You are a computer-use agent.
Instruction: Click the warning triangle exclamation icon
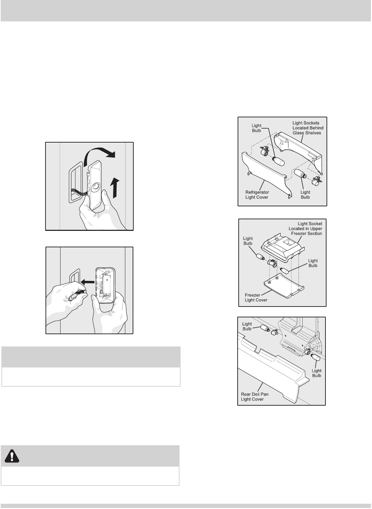12,456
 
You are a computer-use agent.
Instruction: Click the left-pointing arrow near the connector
87,282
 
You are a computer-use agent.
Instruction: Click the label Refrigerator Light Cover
257,195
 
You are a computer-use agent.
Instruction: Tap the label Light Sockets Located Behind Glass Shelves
308,128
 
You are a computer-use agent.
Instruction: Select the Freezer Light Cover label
256,298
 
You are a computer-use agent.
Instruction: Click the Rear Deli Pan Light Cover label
255,397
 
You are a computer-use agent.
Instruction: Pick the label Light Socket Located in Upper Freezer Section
305,229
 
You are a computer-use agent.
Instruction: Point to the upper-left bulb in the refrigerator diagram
278,161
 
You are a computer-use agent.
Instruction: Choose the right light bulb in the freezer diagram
285,271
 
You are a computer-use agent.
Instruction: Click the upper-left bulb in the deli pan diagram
265,328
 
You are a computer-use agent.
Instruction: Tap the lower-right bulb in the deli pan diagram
316,357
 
